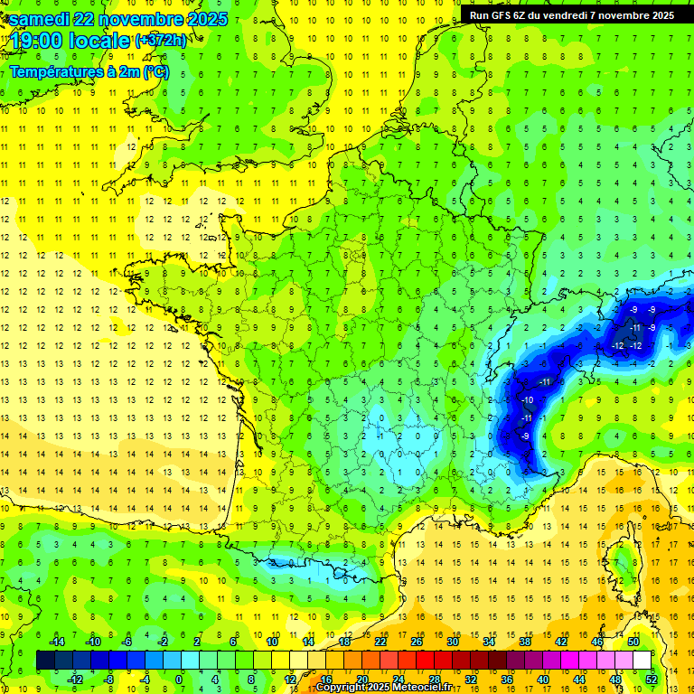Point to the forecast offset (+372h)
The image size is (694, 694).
[161, 41]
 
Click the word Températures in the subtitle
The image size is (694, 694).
[55, 72]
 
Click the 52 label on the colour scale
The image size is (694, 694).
[651, 679]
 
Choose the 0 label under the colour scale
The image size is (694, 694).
[178, 679]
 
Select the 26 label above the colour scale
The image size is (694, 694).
[416, 642]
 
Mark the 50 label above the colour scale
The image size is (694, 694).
[633, 642]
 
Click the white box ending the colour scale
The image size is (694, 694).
[642, 660]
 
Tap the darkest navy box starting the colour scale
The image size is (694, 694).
[45, 660]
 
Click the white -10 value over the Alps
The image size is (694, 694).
[528, 400]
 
